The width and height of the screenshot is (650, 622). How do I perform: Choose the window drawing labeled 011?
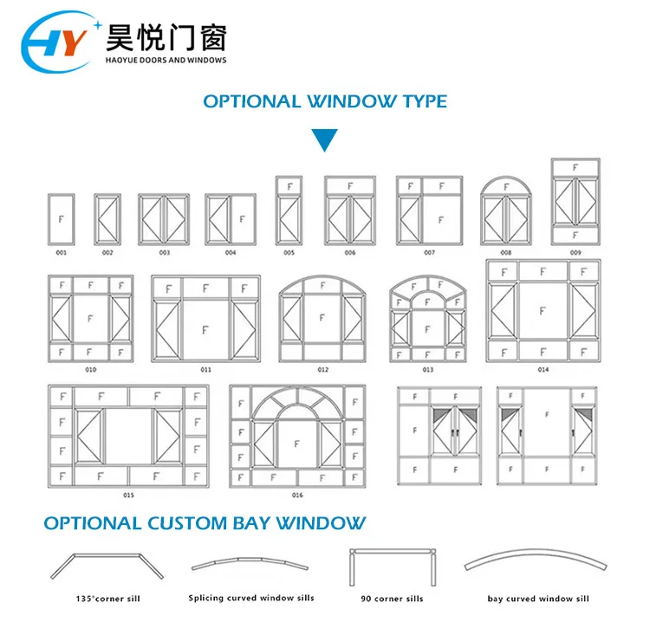(x=205, y=317)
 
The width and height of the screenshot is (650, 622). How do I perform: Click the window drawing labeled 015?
(x=128, y=436)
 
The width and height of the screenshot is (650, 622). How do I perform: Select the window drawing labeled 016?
(x=297, y=437)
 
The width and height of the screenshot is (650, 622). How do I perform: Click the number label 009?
(x=575, y=253)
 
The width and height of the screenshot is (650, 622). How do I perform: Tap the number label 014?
(x=543, y=370)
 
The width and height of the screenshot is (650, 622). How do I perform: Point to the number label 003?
(x=164, y=253)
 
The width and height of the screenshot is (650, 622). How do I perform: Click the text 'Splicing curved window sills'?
(x=251, y=598)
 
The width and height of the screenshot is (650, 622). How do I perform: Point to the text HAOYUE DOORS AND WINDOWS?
(x=165, y=60)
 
